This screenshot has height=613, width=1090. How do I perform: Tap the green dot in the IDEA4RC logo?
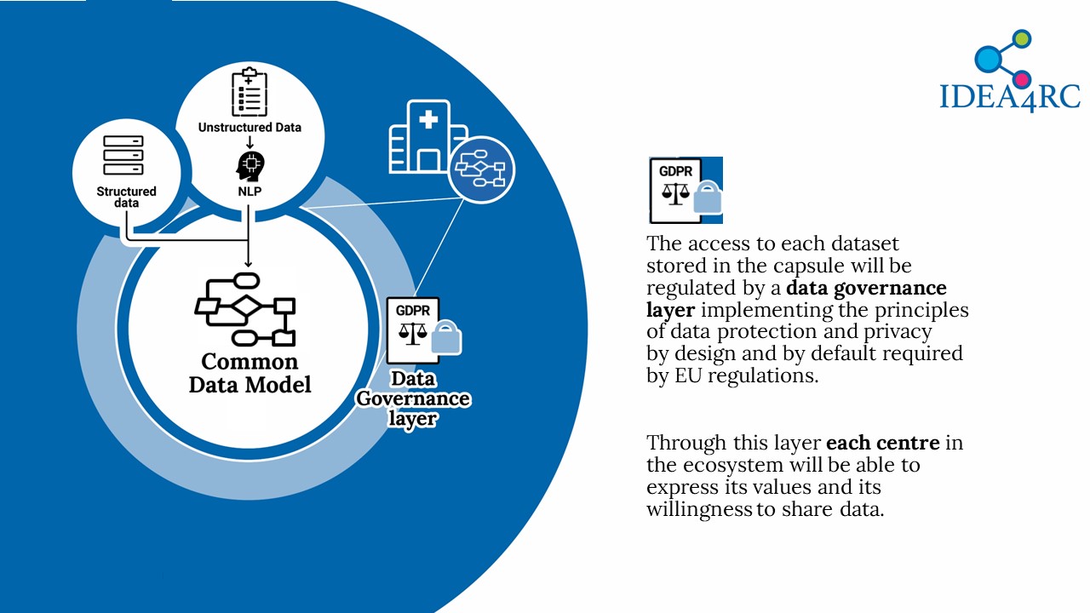(1023, 38)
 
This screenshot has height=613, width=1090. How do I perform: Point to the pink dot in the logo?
(1023, 79)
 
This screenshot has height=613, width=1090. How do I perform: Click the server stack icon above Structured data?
(123, 155)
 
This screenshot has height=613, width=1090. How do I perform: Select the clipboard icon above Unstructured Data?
(250, 92)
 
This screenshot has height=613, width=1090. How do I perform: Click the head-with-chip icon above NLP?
(250, 166)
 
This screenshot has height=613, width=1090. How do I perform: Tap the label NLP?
(250, 192)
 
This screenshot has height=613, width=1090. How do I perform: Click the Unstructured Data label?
(250, 128)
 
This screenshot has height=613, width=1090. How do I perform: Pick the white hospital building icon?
(428, 137)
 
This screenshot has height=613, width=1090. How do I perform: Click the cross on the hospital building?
(428, 120)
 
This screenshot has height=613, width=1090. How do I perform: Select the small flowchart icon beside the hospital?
(481, 169)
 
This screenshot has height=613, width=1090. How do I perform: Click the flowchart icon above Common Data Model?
(245, 309)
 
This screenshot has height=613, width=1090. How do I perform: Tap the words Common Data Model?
(250, 373)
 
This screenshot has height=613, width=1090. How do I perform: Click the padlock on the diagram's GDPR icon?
(446, 338)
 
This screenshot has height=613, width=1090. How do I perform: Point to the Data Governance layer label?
(413, 398)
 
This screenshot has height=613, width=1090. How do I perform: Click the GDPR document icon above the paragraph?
(686, 190)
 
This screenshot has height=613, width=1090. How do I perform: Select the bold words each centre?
(883, 443)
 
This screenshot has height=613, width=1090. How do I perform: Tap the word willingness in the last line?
(699, 510)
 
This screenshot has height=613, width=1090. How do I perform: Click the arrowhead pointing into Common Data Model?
(248, 264)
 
